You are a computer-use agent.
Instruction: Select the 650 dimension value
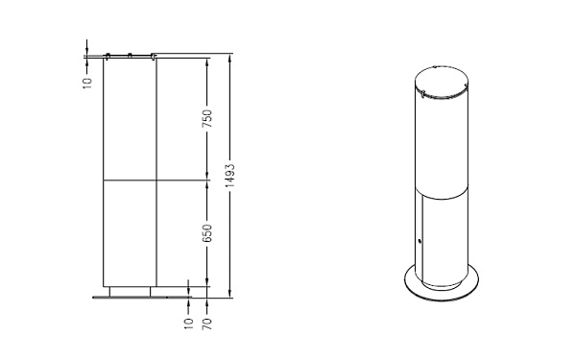(207, 232)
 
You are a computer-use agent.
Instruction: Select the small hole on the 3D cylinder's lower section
(420, 240)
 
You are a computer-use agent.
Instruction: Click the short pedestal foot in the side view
(131, 291)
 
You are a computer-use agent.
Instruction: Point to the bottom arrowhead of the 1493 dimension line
(230, 295)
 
